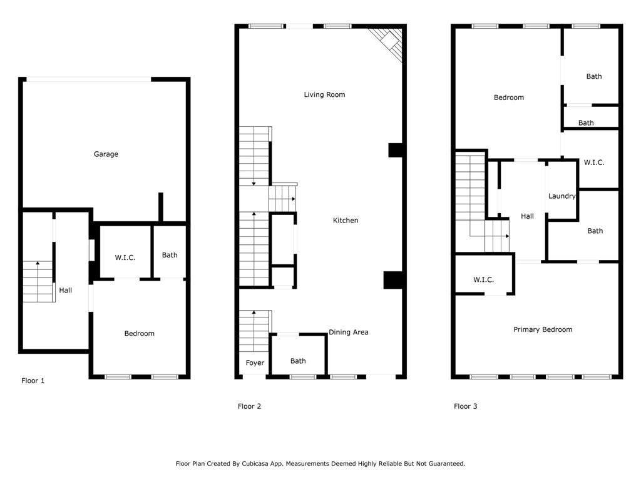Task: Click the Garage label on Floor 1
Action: pyautogui.click(x=106, y=154)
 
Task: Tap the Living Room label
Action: pyautogui.click(x=324, y=95)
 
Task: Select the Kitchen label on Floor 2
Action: pyautogui.click(x=346, y=221)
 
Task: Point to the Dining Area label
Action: pyautogui.click(x=348, y=332)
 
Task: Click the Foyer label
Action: pyautogui.click(x=255, y=363)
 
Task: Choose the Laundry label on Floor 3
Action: pyautogui.click(x=562, y=196)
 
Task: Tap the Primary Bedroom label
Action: pyautogui.click(x=543, y=330)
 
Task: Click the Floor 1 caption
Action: pyautogui.click(x=33, y=381)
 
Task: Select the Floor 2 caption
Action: pyautogui.click(x=249, y=407)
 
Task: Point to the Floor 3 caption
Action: pyautogui.click(x=465, y=407)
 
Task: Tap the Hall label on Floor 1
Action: pyautogui.click(x=66, y=291)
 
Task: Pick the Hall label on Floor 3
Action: pyautogui.click(x=527, y=217)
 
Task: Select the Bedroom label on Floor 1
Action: pyautogui.click(x=139, y=334)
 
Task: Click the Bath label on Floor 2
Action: pyautogui.click(x=298, y=361)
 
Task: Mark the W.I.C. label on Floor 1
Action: pyautogui.click(x=125, y=258)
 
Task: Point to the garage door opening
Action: pyautogui.click(x=88, y=79)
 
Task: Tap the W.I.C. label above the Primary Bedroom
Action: pyautogui.click(x=484, y=280)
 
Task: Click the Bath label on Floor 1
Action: pyautogui.click(x=170, y=255)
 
